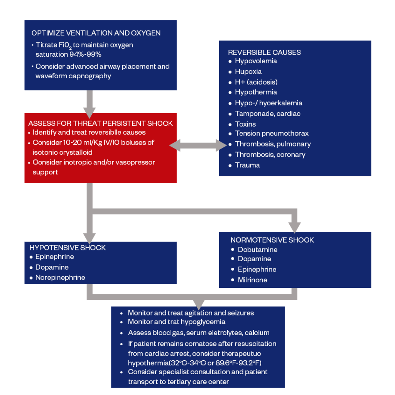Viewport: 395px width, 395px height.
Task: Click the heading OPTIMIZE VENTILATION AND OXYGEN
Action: tap(96, 33)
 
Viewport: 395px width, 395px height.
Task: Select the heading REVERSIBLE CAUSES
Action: tap(264, 52)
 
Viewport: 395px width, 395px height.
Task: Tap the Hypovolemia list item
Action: tap(256, 61)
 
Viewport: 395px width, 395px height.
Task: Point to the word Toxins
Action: tap(245, 124)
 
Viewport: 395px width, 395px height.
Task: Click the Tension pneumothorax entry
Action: tap(272, 133)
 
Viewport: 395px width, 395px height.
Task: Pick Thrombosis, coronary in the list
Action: tap(270, 155)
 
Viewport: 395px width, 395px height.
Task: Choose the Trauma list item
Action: tap(247, 165)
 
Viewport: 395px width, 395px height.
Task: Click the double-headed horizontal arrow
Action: tap(198, 145)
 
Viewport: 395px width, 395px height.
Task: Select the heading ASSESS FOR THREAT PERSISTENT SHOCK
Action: tap(100, 123)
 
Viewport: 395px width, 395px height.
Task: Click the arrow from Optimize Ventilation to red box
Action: tap(89, 102)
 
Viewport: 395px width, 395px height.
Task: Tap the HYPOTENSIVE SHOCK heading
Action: tap(68, 248)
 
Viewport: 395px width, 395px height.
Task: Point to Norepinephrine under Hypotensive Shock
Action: tap(60, 277)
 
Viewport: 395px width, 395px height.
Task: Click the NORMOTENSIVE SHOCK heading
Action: tap(272, 240)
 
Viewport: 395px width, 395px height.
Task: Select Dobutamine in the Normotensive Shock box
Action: tap(258, 250)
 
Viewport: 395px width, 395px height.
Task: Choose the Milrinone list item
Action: tap(252, 280)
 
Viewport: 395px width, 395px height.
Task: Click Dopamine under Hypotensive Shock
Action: tap(52, 267)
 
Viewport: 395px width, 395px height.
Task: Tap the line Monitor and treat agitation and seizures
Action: tap(191, 313)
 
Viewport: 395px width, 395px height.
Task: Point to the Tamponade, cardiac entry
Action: tap(268, 113)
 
